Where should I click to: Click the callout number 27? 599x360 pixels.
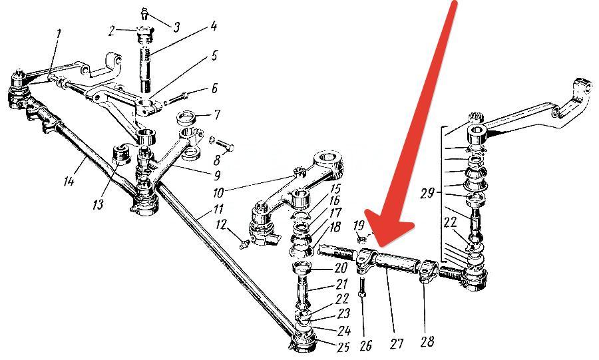(397, 343)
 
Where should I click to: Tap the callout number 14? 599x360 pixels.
(69, 180)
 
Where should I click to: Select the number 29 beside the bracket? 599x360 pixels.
(427, 193)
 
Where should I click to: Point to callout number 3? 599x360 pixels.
(176, 27)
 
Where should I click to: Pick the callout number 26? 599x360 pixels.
(365, 345)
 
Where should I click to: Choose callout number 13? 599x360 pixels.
(98, 204)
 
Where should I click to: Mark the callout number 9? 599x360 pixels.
(217, 175)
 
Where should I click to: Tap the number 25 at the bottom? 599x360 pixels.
(343, 347)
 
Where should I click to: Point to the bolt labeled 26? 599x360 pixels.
(362, 288)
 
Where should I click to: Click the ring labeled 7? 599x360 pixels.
(187, 117)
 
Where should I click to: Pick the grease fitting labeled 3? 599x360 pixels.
(145, 14)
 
